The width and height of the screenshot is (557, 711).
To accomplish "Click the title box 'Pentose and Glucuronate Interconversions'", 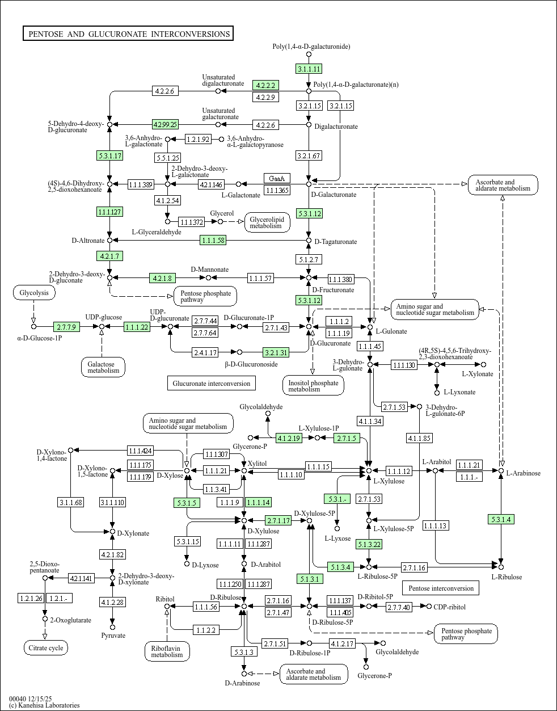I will pyautogui.click(x=128, y=34).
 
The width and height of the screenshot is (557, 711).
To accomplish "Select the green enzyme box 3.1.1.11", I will pyautogui.click(x=309, y=69).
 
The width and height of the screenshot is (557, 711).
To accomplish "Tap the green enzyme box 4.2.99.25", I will pyautogui.click(x=166, y=124).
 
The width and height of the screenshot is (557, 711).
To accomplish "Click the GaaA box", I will pyautogui.click(x=277, y=178).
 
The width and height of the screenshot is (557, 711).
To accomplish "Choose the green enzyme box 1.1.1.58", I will pyautogui.click(x=213, y=241).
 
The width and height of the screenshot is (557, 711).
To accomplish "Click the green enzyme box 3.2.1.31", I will pyautogui.click(x=276, y=352).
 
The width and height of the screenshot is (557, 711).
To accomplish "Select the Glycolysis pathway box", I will pyautogui.click(x=34, y=293).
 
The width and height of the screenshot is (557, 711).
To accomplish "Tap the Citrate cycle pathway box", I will pyautogui.click(x=46, y=648).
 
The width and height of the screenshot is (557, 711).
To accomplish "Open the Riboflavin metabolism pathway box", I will pyautogui.click(x=167, y=651).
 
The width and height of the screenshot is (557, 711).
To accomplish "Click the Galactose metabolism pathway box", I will pyautogui.click(x=103, y=367).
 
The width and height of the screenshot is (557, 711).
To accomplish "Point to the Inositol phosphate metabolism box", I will pyautogui.click(x=313, y=386).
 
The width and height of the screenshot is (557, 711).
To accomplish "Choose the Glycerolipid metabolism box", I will pyautogui.click(x=267, y=222).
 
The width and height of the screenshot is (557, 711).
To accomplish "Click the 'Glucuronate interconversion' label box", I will pyautogui.click(x=211, y=384).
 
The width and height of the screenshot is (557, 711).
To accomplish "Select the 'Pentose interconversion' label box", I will pyautogui.click(x=441, y=588).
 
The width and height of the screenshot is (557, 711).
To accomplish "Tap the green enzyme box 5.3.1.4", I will pyautogui.click(x=501, y=519).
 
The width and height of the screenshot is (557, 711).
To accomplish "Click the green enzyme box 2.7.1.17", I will pyautogui.click(x=278, y=520).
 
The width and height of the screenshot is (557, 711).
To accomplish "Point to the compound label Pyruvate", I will pyautogui.click(x=113, y=636).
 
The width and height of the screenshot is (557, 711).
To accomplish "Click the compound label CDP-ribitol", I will pyautogui.click(x=449, y=607).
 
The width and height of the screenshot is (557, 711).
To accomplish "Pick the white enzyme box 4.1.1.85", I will pyautogui.click(x=419, y=437).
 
